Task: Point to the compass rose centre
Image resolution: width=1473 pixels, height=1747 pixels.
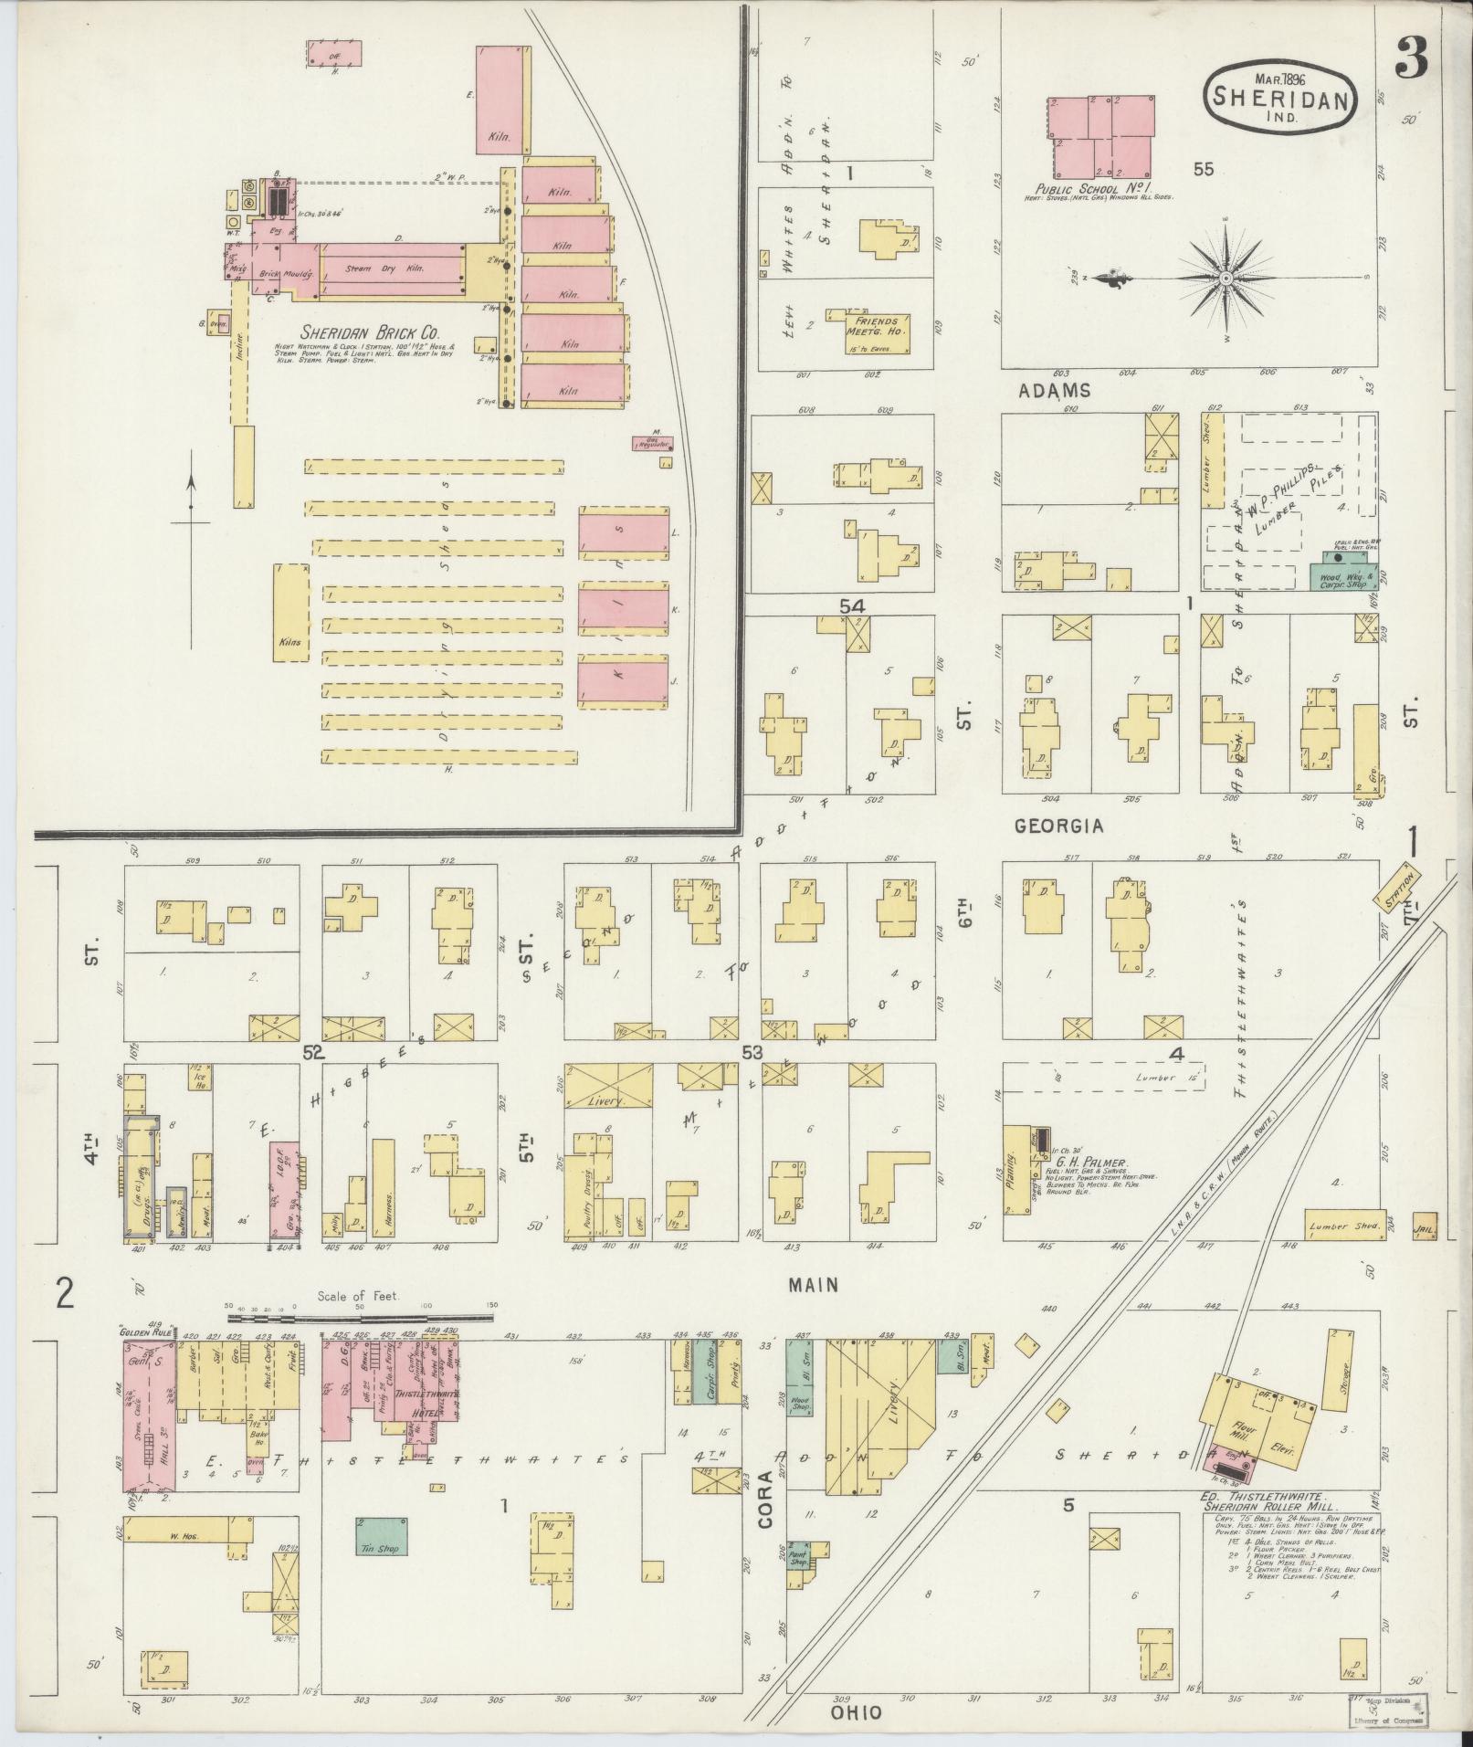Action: coord(1226,278)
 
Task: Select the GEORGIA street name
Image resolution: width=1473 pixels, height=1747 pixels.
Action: coord(1058,826)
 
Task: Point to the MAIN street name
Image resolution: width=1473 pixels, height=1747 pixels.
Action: coord(814,1285)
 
